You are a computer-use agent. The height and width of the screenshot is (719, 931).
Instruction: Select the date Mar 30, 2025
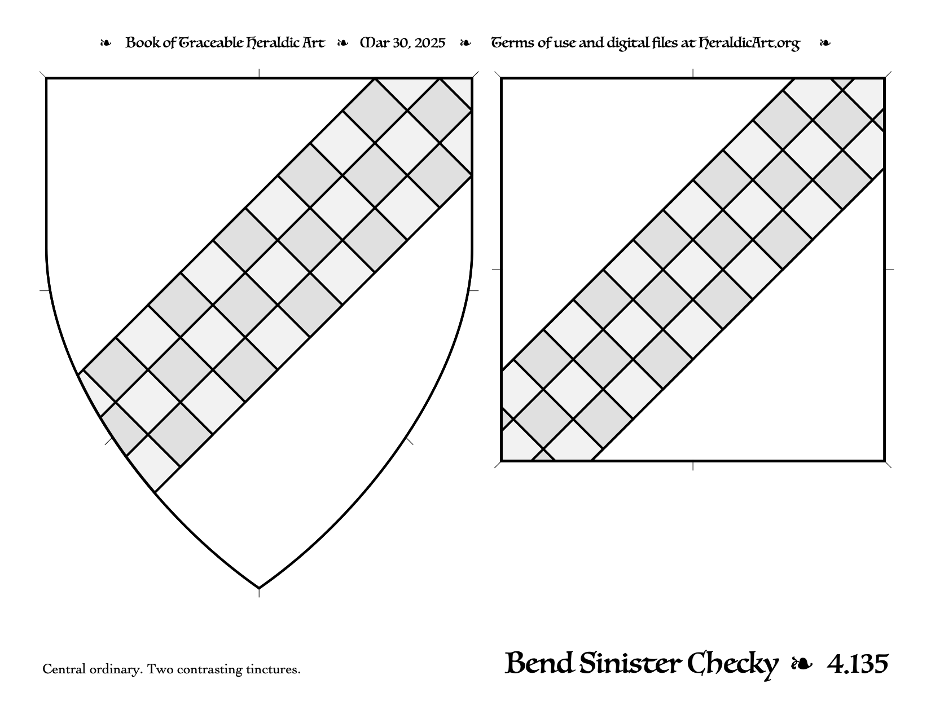pos(402,43)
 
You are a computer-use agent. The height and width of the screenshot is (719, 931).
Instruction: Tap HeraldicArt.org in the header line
pos(749,43)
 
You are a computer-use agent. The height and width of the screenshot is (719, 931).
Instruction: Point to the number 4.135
pos(857,664)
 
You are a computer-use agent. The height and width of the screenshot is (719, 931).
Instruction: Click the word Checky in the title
pos(732,665)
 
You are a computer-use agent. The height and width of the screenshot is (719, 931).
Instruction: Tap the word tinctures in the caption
pos(273,669)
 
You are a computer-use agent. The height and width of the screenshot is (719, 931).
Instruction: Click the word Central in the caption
pos(64,669)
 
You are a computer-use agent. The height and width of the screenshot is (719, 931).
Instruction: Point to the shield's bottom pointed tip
pos(259,588)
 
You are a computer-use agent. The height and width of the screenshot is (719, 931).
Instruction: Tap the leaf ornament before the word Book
pos(106,43)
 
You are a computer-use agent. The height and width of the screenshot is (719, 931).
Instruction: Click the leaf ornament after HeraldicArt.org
pos(825,43)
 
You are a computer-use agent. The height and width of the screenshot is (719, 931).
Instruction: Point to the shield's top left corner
pos(46,78)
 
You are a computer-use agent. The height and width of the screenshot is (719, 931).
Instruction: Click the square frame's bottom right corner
pos(884,461)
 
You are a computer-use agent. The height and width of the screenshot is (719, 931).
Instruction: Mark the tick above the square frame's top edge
pos(693,73)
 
